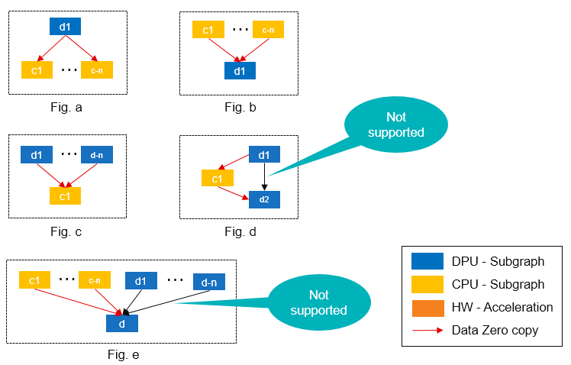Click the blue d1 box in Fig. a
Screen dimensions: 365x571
65,27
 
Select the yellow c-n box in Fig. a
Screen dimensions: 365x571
97,70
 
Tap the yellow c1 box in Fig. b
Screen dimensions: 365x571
208,31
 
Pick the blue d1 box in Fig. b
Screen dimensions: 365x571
239,71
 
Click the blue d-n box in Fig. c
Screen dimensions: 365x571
96,155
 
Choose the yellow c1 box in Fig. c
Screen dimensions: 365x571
65,195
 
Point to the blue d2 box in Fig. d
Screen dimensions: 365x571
264,200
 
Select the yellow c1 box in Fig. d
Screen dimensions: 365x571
217,179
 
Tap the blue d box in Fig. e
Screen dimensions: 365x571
121,323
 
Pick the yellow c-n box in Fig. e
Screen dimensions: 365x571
95,281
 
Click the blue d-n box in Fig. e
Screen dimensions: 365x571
208,282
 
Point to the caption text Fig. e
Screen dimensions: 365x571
123,354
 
